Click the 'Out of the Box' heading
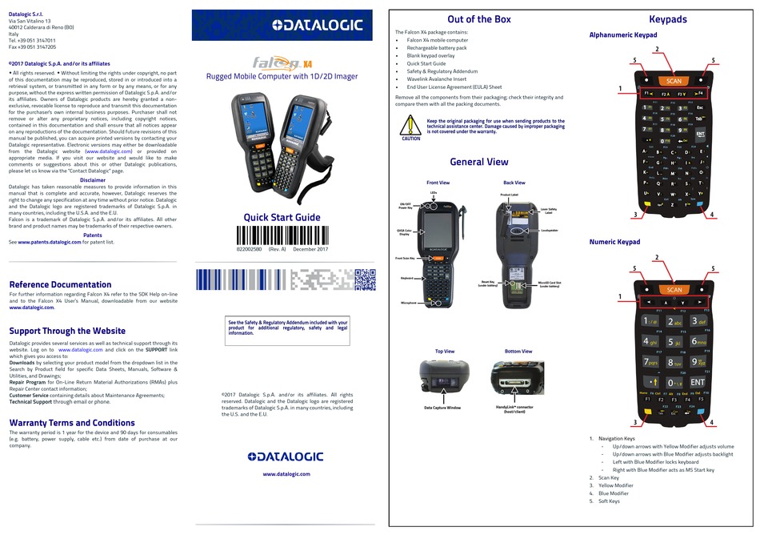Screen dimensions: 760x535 pos(479,19)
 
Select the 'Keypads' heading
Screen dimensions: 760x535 pos(667,19)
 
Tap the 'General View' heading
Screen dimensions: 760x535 pos(478,162)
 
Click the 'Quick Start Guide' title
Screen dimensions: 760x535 pos(282,217)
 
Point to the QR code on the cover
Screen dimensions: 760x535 pos(365,279)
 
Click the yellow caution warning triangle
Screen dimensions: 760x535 pos(410,125)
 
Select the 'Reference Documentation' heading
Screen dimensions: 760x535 pos(60,284)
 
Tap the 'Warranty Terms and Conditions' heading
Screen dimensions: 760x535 pos(72,423)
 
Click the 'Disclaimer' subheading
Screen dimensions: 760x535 pos(93,180)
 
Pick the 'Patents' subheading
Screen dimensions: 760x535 pos(93,235)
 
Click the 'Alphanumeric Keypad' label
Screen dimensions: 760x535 pos(623,35)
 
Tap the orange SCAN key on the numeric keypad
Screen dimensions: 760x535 pos(674,290)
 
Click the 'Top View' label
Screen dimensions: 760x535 pos(444,351)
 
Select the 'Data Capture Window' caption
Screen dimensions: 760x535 pos(442,408)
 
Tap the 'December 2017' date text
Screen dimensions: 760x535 pos(310,250)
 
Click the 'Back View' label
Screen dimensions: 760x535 pos(514,183)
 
